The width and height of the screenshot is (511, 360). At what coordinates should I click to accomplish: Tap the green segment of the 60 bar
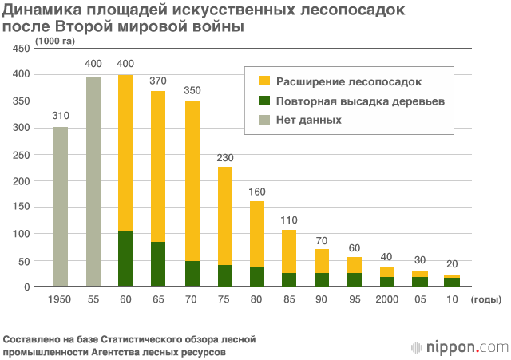click(125, 259)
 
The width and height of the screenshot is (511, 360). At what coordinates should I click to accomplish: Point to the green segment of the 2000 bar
click(387, 281)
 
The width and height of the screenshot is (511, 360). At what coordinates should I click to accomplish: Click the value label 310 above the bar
click(61, 116)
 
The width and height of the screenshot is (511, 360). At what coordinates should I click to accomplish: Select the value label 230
click(224, 156)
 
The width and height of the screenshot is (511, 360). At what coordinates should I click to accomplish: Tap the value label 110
click(289, 220)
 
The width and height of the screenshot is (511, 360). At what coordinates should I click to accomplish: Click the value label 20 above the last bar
click(453, 264)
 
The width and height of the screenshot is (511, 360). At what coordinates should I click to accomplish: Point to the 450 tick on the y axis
click(21, 49)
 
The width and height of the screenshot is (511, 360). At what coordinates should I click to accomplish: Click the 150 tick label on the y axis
click(21, 207)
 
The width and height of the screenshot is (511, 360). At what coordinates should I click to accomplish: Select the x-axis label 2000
click(387, 299)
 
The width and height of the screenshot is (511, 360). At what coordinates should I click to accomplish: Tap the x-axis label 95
click(355, 299)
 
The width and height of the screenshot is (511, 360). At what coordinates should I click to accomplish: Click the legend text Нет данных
click(309, 120)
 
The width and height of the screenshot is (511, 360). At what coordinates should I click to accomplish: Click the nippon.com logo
click(458, 346)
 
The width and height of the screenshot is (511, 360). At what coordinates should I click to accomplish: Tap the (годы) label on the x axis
click(485, 299)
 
